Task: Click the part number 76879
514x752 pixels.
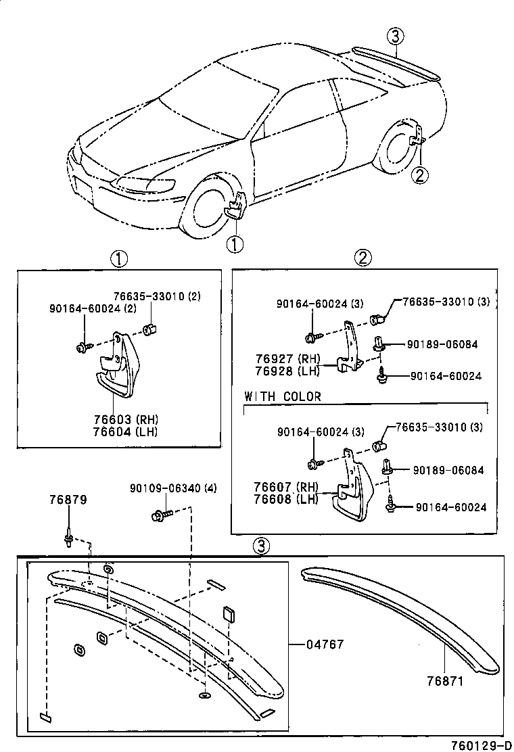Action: [x=68, y=500]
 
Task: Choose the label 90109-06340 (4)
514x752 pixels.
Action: [x=173, y=489]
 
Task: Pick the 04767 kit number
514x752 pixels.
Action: [x=326, y=644]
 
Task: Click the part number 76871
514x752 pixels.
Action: [x=445, y=681]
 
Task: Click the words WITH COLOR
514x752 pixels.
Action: [x=283, y=396]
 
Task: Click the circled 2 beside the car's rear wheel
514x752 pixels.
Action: [x=420, y=175]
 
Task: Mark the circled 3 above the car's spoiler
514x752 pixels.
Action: [x=396, y=37]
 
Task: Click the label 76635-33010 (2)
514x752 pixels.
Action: [x=147, y=296]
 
